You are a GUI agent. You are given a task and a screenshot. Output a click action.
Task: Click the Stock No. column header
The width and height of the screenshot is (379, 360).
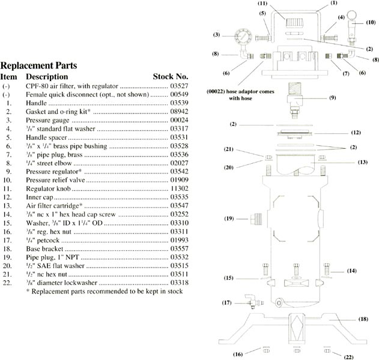(171, 77)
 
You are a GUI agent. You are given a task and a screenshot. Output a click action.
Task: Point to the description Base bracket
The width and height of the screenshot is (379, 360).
(44, 247)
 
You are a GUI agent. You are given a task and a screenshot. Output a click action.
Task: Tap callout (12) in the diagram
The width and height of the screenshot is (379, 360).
(356, 132)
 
